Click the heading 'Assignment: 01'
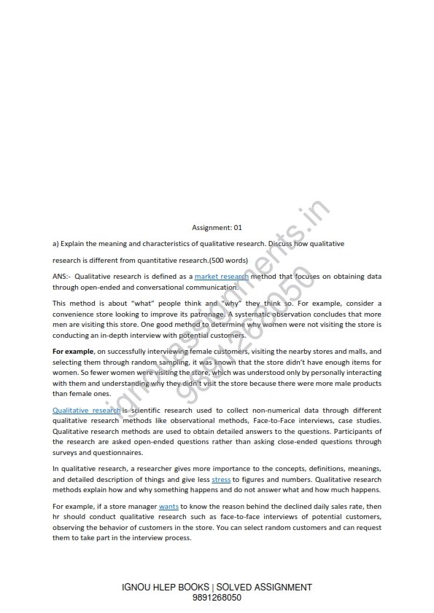[221, 227]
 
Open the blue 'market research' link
[222, 277]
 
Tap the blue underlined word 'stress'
[221, 480]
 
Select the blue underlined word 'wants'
[168, 505]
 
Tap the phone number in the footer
[217, 598]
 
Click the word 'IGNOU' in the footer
[139, 587]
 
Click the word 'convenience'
[77, 312]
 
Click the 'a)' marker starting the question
[55, 243]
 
